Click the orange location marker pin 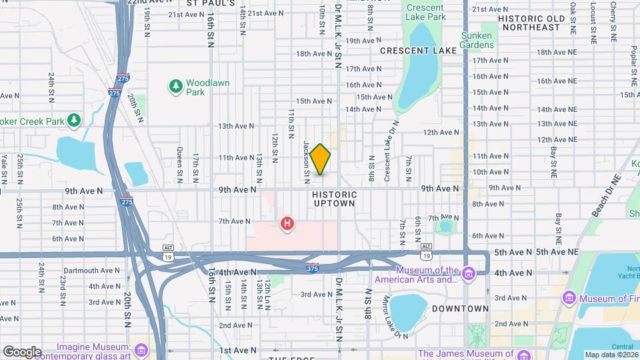click(x=321, y=159)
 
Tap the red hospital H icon click(x=287, y=223)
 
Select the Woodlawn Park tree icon click(x=175, y=85)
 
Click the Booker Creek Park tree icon click(x=74, y=121)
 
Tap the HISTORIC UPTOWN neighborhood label click(x=334, y=198)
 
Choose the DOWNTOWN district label click(x=460, y=309)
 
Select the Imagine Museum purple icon click(x=141, y=350)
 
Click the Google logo click(x=21, y=352)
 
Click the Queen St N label click(x=179, y=164)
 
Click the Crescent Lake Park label click(x=425, y=11)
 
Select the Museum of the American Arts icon click(x=469, y=273)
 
